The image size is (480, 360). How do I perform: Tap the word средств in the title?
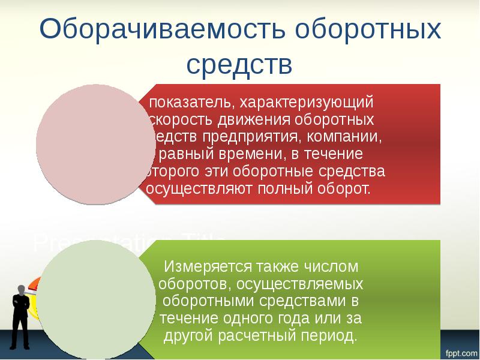coord(240,64)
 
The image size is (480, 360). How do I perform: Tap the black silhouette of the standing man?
coord(22,315)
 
